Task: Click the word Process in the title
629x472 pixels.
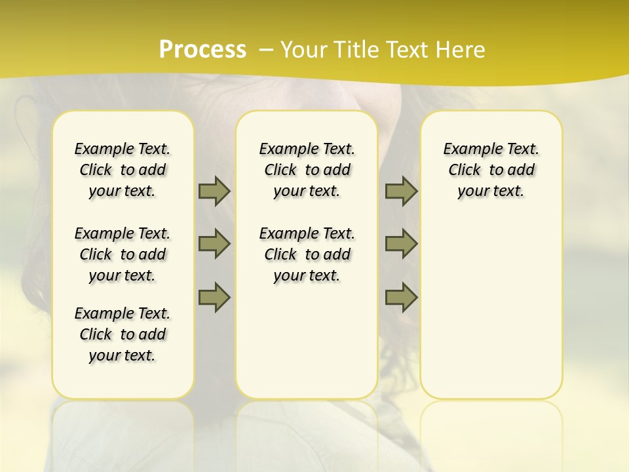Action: click(x=202, y=50)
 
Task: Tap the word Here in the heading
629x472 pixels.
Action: click(x=458, y=50)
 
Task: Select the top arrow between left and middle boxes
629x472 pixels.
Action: click(x=214, y=191)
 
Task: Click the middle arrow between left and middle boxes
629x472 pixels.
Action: click(x=214, y=244)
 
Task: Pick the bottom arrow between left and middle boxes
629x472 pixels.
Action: click(x=214, y=298)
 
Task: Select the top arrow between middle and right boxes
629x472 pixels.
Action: click(x=401, y=191)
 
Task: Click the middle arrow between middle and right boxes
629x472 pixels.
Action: click(x=401, y=244)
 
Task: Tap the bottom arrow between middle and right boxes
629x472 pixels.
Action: click(x=401, y=298)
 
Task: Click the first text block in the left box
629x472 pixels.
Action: click(x=123, y=170)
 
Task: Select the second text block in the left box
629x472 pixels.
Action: click(x=123, y=254)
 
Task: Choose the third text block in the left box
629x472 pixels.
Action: click(x=123, y=334)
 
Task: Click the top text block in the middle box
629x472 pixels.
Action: click(x=307, y=170)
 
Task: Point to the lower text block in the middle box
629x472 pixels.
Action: click(x=307, y=254)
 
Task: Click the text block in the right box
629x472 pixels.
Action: click(x=491, y=170)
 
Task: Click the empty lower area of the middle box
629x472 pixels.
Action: click(x=307, y=341)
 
